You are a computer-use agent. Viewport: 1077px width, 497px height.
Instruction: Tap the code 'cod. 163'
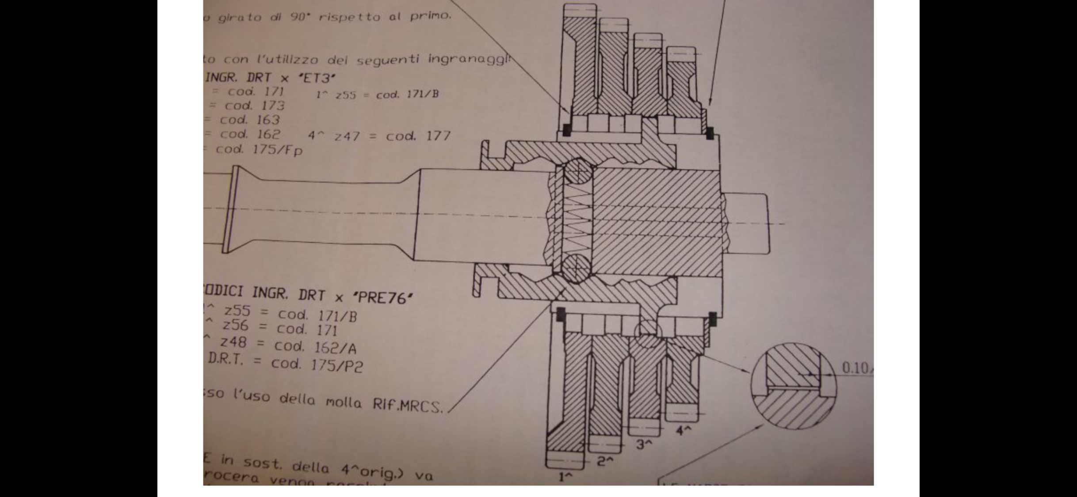click(250, 120)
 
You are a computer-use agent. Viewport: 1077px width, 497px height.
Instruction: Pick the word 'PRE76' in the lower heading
click(383, 297)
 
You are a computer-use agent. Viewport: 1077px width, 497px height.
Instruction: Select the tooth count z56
click(236, 326)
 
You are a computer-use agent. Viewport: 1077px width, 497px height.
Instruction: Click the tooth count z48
click(233, 342)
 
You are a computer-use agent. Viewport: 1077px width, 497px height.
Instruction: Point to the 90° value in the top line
click(301, 17)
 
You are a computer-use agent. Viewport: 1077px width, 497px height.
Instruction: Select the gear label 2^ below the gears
click(605, 461)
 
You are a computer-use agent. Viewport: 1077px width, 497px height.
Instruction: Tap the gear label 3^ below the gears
click(644, 444)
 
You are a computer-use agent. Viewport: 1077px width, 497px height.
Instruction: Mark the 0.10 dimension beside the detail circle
click(855, 368)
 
